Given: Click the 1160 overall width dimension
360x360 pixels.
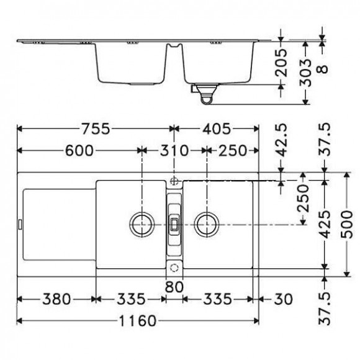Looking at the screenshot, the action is tap(138, 321).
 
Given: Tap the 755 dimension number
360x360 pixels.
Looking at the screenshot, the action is tap(96, 129).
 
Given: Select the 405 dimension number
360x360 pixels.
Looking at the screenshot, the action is tap(216, 129).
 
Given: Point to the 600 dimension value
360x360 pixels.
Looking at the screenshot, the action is tap(79, 151).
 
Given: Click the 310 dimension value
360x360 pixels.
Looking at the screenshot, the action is tap(174, 151).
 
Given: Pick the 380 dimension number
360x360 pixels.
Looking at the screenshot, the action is tap(56, 299).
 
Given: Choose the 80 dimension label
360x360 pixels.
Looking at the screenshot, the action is tap(174, 287).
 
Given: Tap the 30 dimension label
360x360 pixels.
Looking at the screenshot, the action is tap(283, 299).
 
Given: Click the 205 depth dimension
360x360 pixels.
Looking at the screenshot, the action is tap(281, 63).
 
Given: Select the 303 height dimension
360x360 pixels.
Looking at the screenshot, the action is tap(305, 73).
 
